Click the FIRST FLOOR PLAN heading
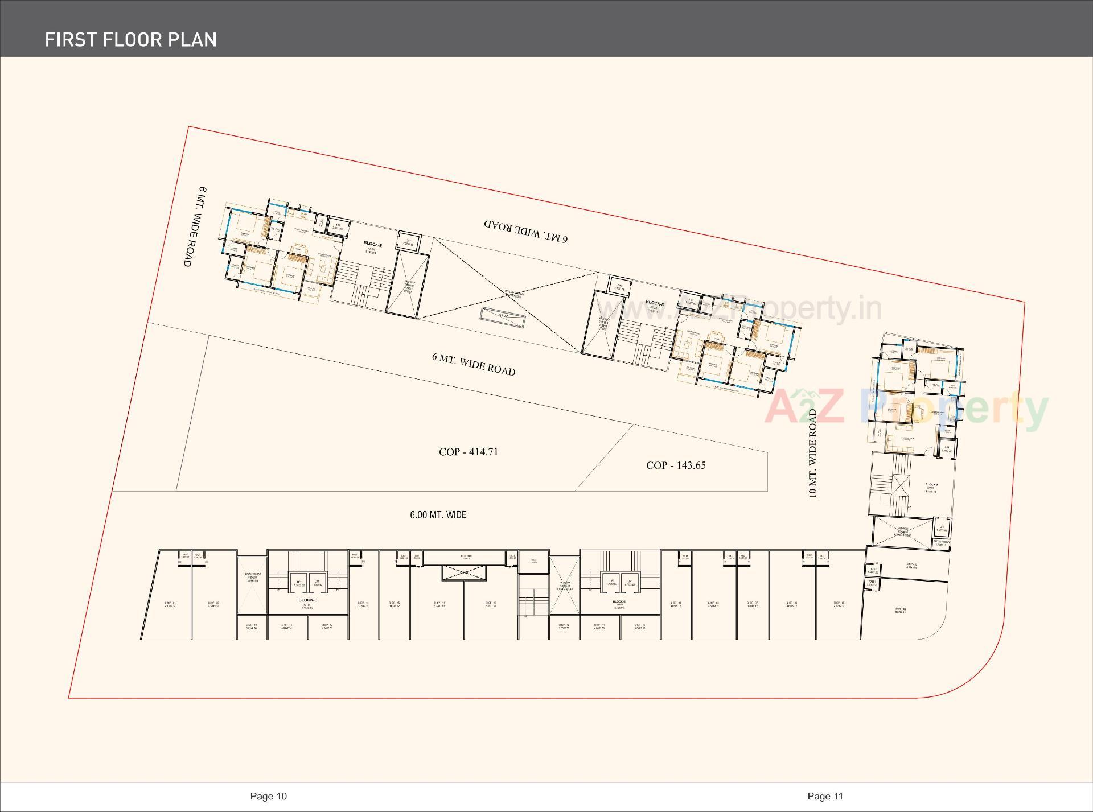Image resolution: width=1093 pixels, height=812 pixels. pyautogui.click(x=131, y=39)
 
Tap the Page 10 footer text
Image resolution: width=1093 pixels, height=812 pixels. pyautogui.click(x=268, y=796)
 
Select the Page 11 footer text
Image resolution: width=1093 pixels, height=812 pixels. pyautogui.click(x=825, y=796)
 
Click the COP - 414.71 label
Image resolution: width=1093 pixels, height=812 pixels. pyautogui.click(x=468, y=452)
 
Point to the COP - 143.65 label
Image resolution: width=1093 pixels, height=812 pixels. pyautogui.click(x=676, y=465)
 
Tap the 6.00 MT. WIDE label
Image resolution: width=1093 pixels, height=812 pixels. pyautogui.click(x=438, y=515)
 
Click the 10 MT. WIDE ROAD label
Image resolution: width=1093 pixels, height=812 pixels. pyautogui.click(x=812, y=454)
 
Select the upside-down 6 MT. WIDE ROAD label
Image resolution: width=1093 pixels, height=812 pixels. pyautogui.click(x=525, y=230)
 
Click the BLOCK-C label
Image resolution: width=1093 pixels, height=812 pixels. pyautogui.click(x=307, y=600)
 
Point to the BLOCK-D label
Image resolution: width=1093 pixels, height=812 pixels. pyautogui.click(x=655, y=304)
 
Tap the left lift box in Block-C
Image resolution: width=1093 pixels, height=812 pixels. pyautogui.click(x=298, y=582)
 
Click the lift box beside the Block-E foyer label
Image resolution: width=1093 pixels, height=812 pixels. pyautogui.click(x=408, y=241)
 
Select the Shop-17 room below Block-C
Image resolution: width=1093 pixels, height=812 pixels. pyautogui.click(x=327, y=627)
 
